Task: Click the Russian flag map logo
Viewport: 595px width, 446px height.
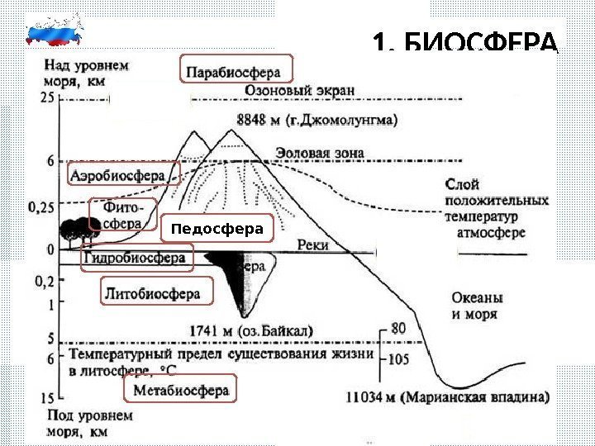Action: [x=55, y=31]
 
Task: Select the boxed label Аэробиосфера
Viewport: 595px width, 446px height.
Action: [x=122, y=173]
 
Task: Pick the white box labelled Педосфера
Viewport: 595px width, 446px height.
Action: [x=216, y=229]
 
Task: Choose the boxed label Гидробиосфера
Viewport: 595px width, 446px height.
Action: [x=137, y=259]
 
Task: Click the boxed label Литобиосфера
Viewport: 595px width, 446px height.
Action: [x=155, y=292]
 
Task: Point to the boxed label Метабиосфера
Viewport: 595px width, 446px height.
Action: [x=178, y=389]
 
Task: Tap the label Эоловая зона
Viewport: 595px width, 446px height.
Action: [x=319, y=154]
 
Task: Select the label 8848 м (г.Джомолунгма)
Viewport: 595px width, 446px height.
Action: [x=317, y=118]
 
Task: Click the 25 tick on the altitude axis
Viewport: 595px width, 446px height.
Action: [x=46, y=97]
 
